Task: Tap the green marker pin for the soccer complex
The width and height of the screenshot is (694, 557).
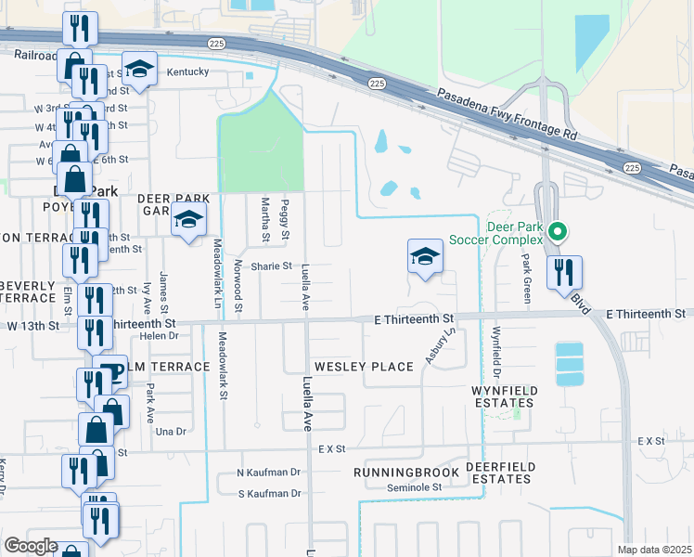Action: click(x=557, y=231)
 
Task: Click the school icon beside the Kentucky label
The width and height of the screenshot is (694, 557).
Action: click(x=139, y=71)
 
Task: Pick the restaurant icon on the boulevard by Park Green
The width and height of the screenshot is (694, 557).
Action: click(x=564, y=272)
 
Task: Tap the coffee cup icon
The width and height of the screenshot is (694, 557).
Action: click(x=111, y=370)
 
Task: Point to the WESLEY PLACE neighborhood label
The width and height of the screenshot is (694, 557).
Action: click(x=364, y=367)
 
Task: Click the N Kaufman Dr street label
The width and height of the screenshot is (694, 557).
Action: click(x=270, y=472)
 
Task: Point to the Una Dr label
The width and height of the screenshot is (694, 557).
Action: click(x=173, y=432)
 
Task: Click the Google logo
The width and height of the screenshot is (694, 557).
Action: click(x=31, y=546)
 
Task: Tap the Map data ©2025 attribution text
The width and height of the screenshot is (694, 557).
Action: click(x=653, y=550)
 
